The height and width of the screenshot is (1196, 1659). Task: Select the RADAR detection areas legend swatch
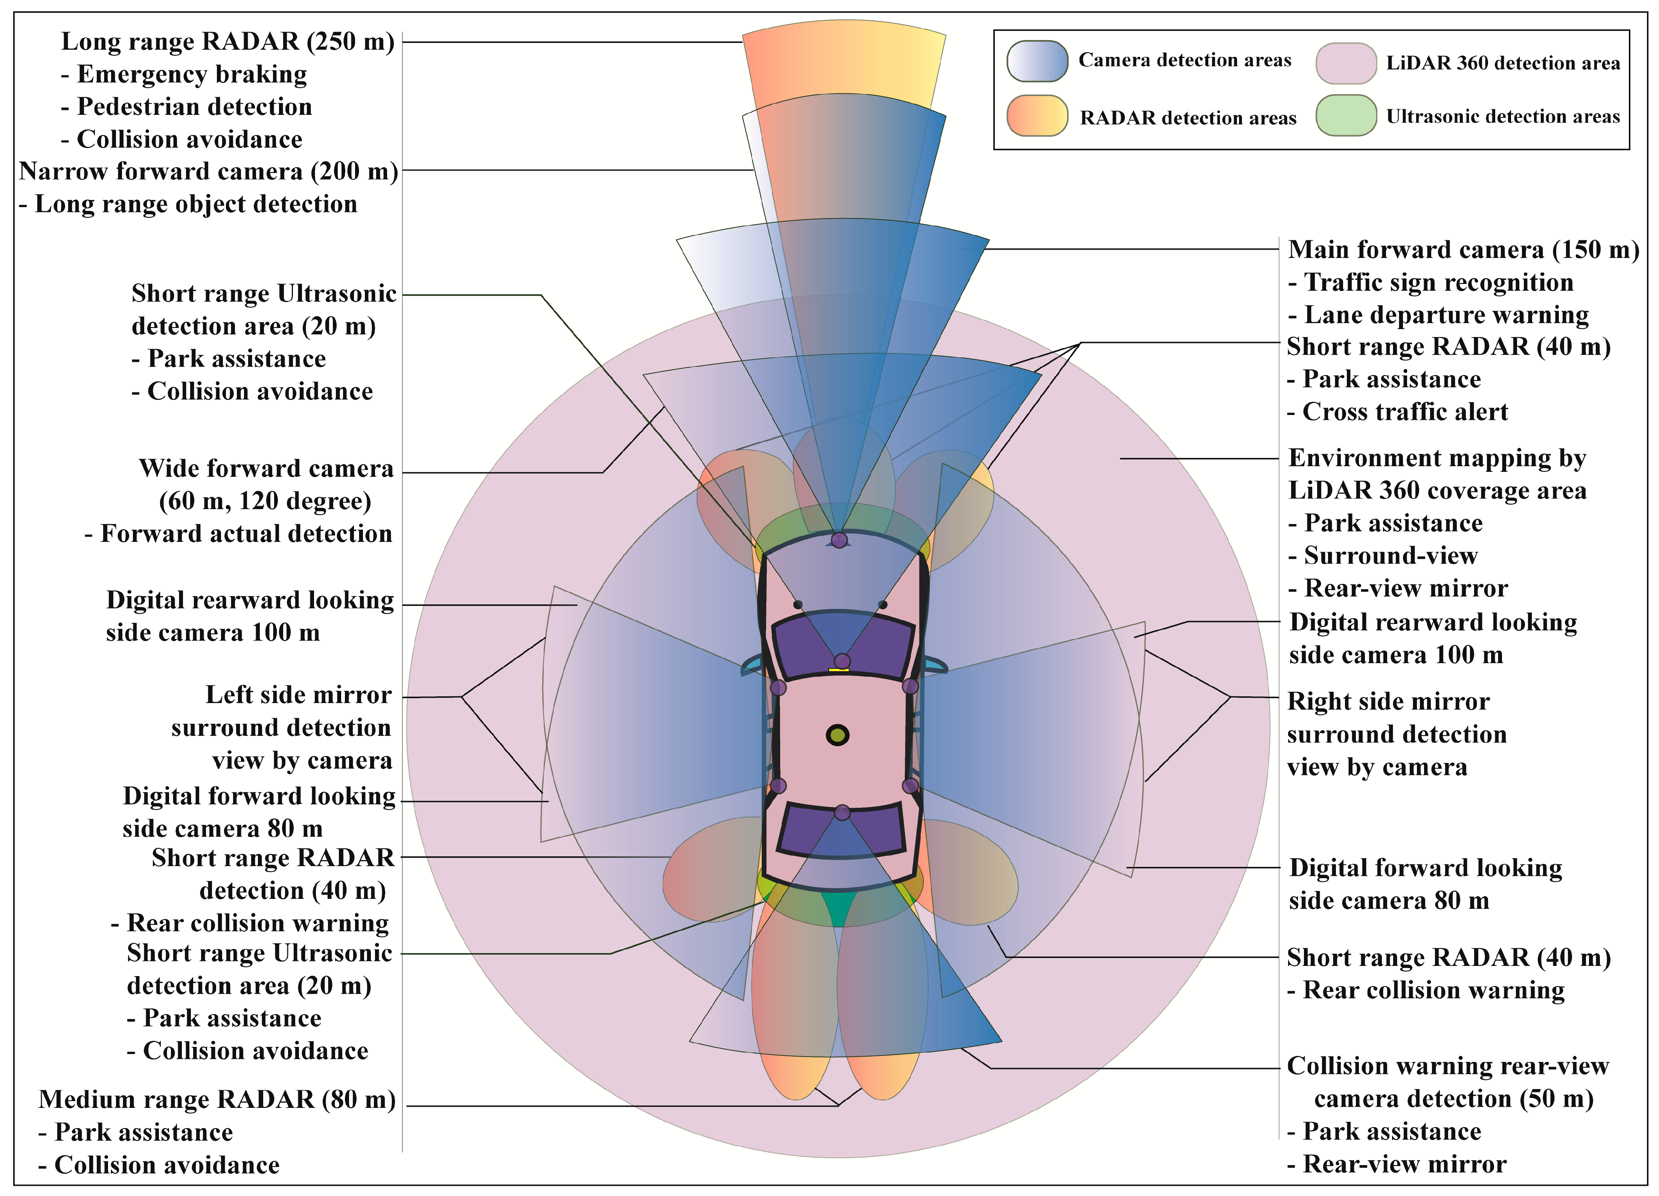pyautogui.click(x=1037, y=116)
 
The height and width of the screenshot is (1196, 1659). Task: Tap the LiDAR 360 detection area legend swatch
pyautogui.click(x=1346, y=63)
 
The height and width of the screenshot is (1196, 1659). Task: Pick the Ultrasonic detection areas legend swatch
pyautogui.click(x=1346, y=116)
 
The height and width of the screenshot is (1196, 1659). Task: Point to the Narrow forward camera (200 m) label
pyautogui.click(x=209, y=171)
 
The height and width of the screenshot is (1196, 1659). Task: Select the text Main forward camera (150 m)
pyautogui.click(x=1463, y=249)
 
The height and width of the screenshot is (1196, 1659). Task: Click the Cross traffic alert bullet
pyautogui.click(x=1404, y=412)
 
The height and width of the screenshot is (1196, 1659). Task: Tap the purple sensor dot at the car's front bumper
pyautogui.click(x=839, y=540)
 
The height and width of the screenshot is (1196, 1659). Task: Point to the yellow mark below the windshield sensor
pyautogui.click(x=838, y=669)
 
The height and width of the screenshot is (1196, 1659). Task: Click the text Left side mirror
pyautogui.click(x=299, y=695)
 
